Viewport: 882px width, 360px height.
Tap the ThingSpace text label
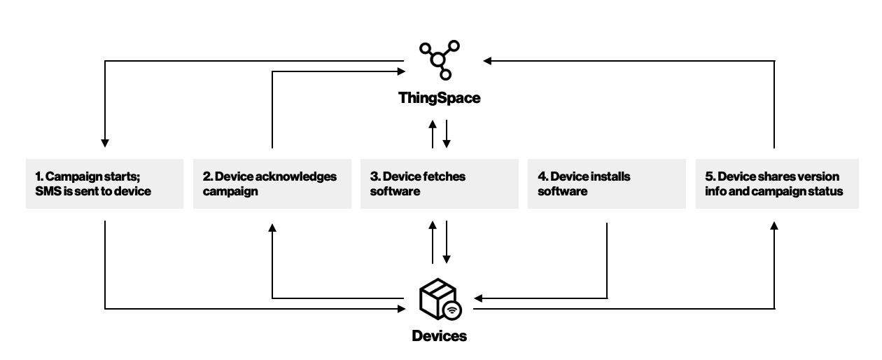coord(440,98)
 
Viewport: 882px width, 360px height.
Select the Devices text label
coord(440,336)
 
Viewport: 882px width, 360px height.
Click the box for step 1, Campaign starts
coord(105,184)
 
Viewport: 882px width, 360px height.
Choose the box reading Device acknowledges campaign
coord(272,184)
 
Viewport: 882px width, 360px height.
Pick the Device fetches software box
coord(440,184)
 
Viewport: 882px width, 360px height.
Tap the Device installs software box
coord(607,184)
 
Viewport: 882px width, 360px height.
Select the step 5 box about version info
coord(777,184)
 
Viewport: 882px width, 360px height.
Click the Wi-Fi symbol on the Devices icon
coord(452,310)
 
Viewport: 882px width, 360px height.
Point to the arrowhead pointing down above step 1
coord(105,144)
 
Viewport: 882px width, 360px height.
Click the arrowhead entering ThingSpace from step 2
coord(401,71)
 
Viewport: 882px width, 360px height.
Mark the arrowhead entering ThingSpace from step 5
coord(487,61)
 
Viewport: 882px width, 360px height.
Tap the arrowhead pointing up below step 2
coord(272,228)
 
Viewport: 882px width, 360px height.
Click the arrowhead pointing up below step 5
coord(774,226)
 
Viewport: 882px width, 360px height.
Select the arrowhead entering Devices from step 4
coord(478,298)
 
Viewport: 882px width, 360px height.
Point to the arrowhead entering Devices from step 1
coord(401,309)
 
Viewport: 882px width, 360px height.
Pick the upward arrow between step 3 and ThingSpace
coord(433,134)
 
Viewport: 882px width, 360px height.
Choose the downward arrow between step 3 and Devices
coord(447,242)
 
